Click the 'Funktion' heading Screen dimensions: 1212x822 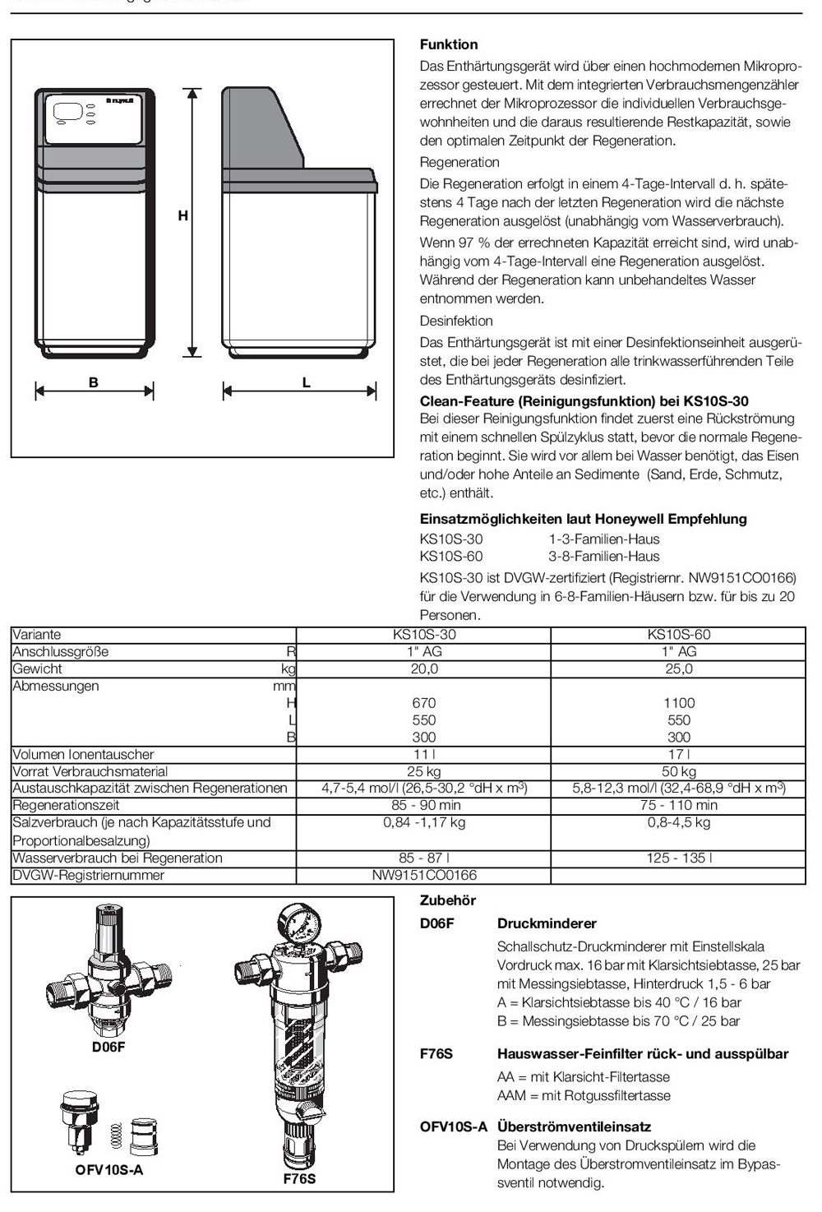point(448,44)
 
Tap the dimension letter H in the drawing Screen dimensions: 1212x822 point(182,216)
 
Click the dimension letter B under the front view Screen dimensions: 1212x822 point(94,382)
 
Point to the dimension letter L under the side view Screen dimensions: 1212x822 point(307,382)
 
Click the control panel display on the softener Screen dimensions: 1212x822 point(67,111)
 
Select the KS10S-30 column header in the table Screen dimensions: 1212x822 point(423,635)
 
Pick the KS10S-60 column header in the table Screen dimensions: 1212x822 point(678,635)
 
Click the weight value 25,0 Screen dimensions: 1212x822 point(678,669)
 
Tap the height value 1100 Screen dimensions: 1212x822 point(678,703)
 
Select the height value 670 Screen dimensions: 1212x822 point(423,703)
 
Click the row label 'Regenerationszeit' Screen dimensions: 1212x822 point(66,806)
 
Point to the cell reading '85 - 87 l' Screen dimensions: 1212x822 point(423,858)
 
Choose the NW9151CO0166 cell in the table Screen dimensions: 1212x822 point(423,876)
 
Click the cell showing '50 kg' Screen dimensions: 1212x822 point(678,771)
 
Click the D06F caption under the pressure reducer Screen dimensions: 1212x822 point(109,1048)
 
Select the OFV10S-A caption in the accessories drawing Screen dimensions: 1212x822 point(109,1170)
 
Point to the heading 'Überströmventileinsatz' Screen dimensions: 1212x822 point(574,1126)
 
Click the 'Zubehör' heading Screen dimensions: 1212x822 point(447,900)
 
